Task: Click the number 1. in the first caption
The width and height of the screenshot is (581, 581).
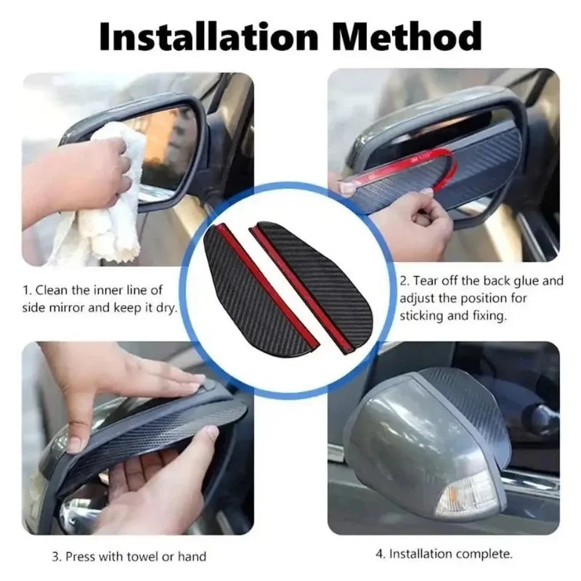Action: (28, 290)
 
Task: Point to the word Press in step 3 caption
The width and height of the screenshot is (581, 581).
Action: (81, 557)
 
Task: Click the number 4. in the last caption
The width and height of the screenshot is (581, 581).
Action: (380, 553)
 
